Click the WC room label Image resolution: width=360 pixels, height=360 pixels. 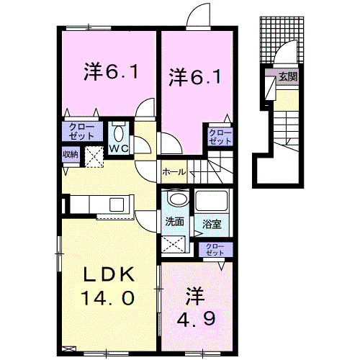(119, 149)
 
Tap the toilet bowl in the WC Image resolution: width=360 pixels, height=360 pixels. (118, 134)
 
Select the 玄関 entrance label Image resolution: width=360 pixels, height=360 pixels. (288, 76)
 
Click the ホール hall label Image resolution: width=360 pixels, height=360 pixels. (174, 172)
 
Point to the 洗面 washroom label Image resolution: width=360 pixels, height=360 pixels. (174, 222)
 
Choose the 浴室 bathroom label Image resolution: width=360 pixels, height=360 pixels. (212, 224)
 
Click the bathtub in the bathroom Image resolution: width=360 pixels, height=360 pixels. (212, 201)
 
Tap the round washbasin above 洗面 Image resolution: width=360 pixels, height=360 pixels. (178, 199)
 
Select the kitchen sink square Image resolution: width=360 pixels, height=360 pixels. (117, 204)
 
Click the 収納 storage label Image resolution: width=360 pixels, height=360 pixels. (71, 154)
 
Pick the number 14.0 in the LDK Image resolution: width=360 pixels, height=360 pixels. (107, 298)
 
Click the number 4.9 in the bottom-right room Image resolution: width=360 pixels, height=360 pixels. (196, 318)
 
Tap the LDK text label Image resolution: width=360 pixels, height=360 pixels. (109, 274)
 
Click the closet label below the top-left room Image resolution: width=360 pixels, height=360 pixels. (81, 132)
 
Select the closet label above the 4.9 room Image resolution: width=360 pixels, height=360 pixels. (215, 250)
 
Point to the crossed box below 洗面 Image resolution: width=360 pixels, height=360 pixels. (174, 244)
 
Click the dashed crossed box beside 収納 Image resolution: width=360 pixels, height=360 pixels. (94, 157)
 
